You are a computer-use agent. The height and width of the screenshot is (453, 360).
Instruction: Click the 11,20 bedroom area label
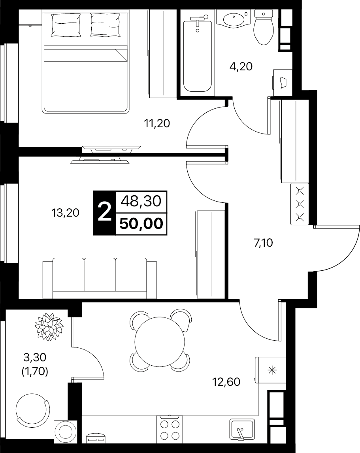157,124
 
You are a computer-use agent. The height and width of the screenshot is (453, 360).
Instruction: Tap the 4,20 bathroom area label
241,66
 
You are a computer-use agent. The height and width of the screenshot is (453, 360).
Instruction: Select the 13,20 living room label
65,213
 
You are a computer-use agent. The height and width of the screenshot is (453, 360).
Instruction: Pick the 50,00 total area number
141,224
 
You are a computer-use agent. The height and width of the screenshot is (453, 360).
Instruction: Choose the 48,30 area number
141,202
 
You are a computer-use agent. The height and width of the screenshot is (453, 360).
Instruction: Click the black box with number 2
104,213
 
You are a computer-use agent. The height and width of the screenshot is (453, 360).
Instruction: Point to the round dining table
160,340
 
